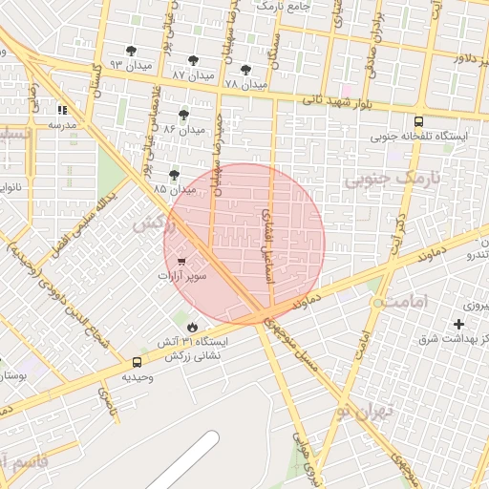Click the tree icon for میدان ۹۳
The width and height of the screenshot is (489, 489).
point(131,51)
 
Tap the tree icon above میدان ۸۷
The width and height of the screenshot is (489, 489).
point(193,59)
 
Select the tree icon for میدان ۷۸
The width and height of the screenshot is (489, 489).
point(245,70)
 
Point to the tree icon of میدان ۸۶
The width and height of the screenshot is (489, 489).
point(183,115)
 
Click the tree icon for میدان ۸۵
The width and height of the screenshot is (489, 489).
point(173,175)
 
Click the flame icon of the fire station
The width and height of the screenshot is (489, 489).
point(194,327)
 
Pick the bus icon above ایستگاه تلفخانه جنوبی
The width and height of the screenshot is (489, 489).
point(418,121)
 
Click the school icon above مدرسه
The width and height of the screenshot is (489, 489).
point(63,110)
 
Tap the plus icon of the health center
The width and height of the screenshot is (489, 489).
point(459,325)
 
